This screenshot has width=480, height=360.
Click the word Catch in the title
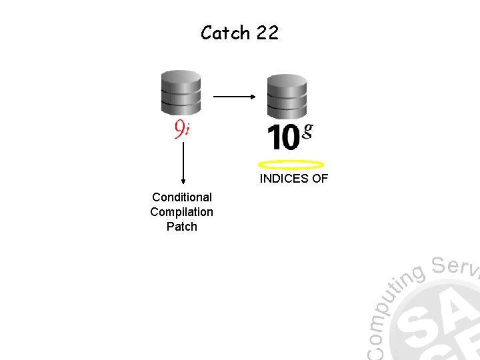coord(225,33)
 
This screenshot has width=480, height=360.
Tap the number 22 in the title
coord(266,33)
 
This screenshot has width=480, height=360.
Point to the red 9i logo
coord(181,128)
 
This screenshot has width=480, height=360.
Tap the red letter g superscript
coord(307,130)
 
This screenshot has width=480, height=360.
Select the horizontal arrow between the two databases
coord(234,97)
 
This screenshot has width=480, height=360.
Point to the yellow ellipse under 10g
coord(291,165)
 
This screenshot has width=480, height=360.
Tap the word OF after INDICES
coord(319,179)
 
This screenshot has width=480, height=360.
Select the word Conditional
coord(182,197)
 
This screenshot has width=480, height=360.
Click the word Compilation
coord(182,212)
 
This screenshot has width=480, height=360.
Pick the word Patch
coord(182,227)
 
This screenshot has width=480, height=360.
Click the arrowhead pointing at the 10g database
coord(253,97)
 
